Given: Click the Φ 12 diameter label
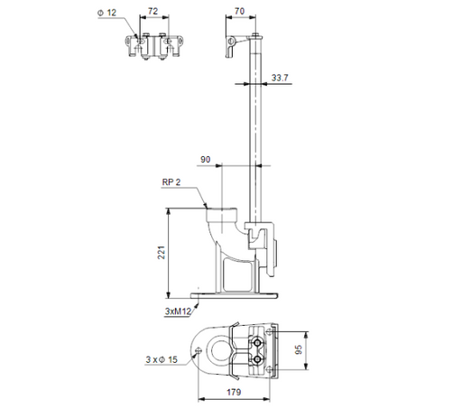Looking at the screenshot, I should click(106, 13).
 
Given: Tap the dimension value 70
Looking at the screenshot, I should click(238, 13).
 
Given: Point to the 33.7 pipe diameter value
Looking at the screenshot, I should click(279, 78).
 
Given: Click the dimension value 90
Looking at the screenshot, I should click(207, 160).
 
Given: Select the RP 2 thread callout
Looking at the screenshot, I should click(171, 182).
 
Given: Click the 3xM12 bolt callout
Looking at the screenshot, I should click(178, 311).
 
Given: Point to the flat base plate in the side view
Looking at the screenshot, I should click(235, 295).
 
